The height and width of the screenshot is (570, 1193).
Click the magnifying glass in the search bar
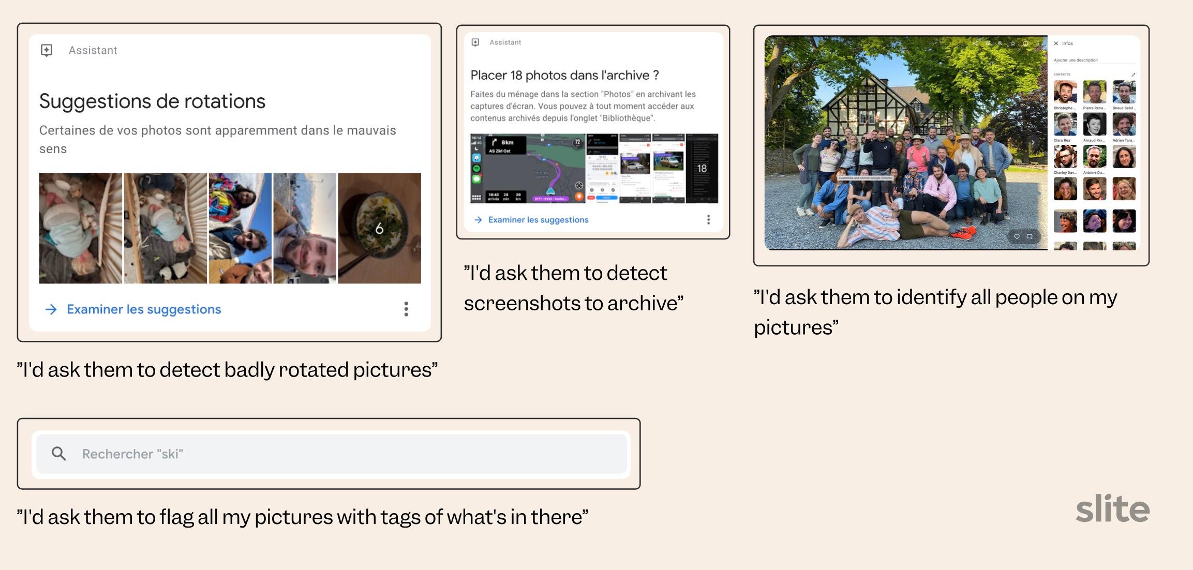pos(59,454)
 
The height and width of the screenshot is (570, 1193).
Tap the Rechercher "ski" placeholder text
pos(132,454)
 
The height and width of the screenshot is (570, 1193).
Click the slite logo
pos(1112,508)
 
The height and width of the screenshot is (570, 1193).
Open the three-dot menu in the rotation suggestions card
pos(406,309)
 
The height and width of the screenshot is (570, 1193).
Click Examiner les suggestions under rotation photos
pos(143,309)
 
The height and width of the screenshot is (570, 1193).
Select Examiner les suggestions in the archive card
pos(538,220)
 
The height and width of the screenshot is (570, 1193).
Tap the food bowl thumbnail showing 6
pos(379,228)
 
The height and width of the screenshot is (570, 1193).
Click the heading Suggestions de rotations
pos(152,101)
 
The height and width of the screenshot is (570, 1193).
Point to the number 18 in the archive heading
pos(516,76)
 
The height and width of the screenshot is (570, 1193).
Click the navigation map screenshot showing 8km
pos(528,168)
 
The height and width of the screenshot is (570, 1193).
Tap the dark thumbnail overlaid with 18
pos(702,168)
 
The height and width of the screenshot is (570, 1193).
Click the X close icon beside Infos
pos(1056,43)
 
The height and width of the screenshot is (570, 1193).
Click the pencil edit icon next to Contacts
pos(1133,74)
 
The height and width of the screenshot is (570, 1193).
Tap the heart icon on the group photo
pos(1017,236)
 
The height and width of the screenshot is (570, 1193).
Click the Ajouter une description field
pos(1076,60)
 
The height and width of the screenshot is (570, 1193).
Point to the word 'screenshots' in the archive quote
pos(523,303)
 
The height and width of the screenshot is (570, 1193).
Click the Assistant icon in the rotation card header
pos(47,50)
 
